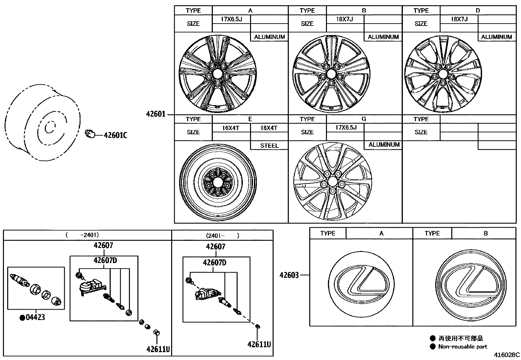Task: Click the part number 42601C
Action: (115, 135)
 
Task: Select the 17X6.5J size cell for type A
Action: (231, 19)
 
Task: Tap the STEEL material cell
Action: (269, 145)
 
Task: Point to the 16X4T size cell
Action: (231, 128)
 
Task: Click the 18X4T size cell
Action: (269, 128)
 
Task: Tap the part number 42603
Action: (289, 275)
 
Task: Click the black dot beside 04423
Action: (23, 318)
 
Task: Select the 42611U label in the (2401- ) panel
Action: (259, 344)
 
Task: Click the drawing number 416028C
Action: (507, 355)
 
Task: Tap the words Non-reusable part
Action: (462, 347)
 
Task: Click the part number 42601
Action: (156, 114)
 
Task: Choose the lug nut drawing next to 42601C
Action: (89, 134)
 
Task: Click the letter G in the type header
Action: (364, 119)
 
